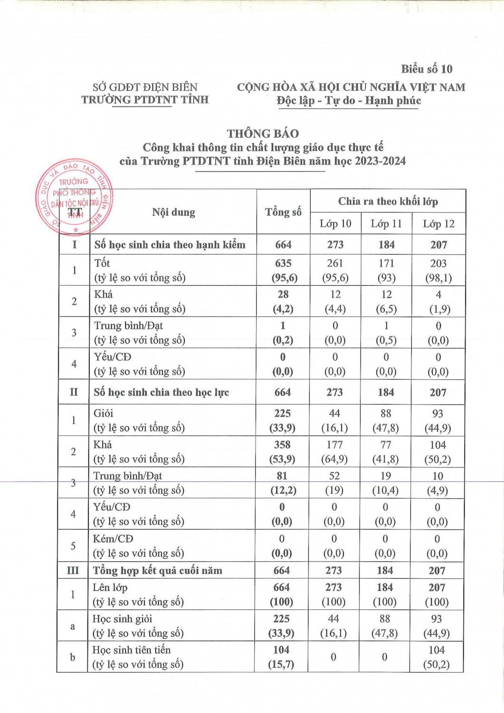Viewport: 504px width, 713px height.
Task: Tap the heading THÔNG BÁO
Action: (263, 134)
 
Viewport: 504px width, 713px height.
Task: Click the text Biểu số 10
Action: (427, 69)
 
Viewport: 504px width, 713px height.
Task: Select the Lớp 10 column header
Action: (335, 223)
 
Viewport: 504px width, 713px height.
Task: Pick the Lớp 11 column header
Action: (386, 223)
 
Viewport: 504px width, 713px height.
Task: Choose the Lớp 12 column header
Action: (438, 223)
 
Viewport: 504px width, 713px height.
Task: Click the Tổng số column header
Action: (283, 212)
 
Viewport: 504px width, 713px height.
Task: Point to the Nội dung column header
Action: (173, 212)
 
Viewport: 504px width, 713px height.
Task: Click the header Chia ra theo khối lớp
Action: (388, 201)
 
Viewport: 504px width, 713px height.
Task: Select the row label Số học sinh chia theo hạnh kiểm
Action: (170, 245)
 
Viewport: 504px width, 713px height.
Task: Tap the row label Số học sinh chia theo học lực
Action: (161, 392)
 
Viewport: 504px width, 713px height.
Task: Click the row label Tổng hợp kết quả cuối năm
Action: (157, 570)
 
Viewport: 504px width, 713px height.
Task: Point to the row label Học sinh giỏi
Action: (122, 619)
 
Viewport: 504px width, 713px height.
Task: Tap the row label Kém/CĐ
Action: (113, 539)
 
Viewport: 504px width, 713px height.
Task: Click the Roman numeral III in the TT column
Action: (73, 570)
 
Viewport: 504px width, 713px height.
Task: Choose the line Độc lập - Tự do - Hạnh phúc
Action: (349, 101)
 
